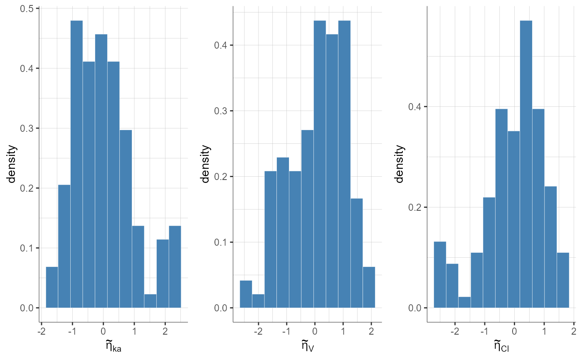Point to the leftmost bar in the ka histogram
pos(52,287)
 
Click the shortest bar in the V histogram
pos(258,301)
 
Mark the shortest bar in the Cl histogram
pos(465,302)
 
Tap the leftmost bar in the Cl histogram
pos(440,275)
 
